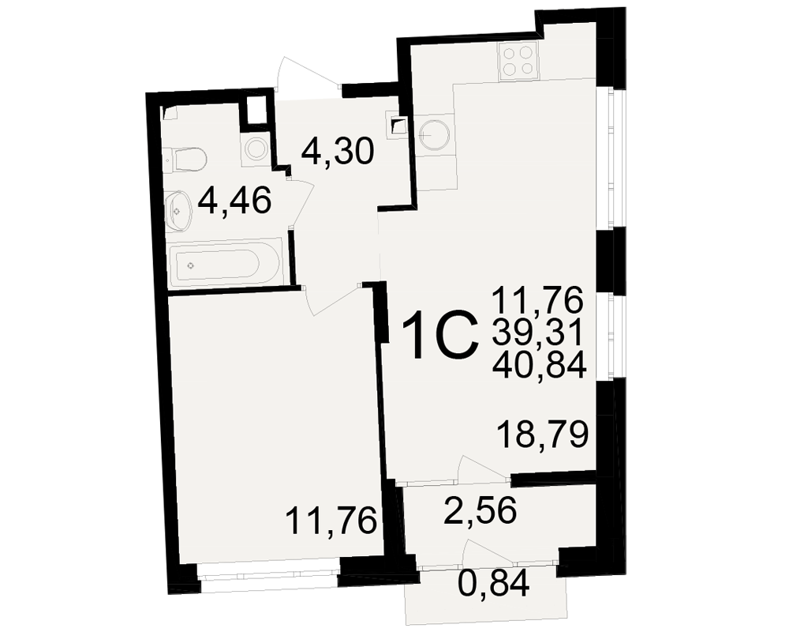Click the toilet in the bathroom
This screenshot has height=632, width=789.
189,160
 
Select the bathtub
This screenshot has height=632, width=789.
224,264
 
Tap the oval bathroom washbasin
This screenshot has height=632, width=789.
178,211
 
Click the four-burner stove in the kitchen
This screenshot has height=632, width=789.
518,61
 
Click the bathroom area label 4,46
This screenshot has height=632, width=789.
234,200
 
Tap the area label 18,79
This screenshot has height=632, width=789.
543,434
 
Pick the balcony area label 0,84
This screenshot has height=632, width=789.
494,583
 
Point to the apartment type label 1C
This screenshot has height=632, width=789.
439,335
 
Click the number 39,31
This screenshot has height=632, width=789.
537,333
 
